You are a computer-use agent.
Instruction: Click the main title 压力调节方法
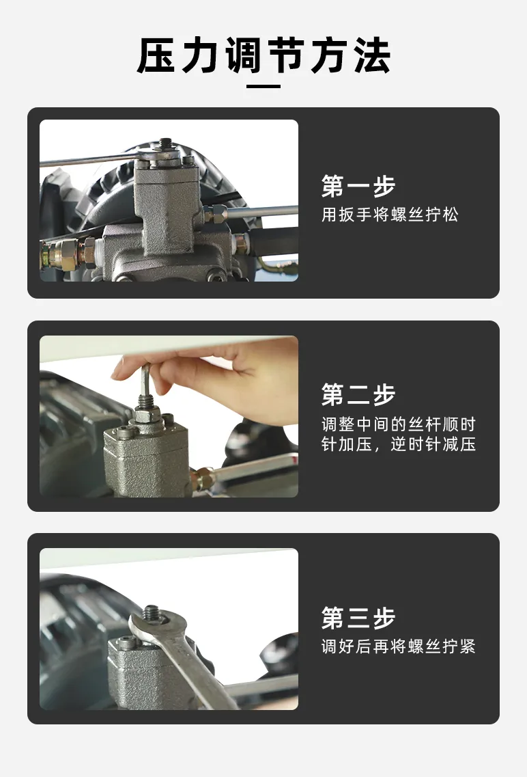click(x=263, y=55)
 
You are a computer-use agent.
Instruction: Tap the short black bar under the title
click(x=263, y=86)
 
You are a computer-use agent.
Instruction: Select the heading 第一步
click(x=358, y=187)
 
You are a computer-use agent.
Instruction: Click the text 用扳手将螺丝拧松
click(x=390, y=215)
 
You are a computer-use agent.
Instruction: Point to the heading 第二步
click(x=358, y=394)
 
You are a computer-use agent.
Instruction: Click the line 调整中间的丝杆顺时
click(x=399, y=424)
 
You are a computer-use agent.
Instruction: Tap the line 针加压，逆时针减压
click(x=399, y=444)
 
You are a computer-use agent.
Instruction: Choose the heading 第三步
click(x=358, y=618)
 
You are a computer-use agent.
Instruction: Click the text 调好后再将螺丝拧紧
click(x=399, y=646)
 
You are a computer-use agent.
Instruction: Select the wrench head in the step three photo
click(x=155, y=623)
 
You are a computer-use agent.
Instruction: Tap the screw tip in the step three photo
click(x=150, y=613)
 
